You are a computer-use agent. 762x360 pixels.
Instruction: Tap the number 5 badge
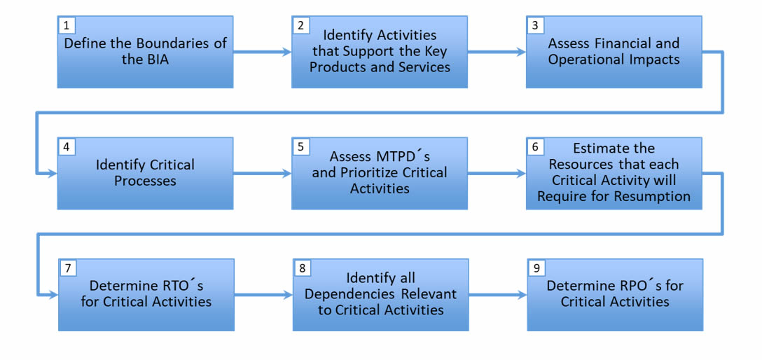(301, 147)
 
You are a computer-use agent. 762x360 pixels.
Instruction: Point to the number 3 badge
(535, 26)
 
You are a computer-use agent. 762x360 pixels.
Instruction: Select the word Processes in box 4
(145, 181)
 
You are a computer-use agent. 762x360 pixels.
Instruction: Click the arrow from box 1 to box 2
(263, 52)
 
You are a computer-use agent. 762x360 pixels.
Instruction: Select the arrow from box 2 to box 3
(497, 52)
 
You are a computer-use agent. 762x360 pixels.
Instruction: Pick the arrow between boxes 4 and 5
(263, 174)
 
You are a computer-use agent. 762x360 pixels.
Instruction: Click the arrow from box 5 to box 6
(497, 174)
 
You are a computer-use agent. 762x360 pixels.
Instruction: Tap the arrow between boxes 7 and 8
(264, 295)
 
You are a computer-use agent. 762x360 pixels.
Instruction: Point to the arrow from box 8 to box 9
(498, 295)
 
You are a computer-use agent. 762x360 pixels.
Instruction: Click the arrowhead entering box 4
(53, 174)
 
